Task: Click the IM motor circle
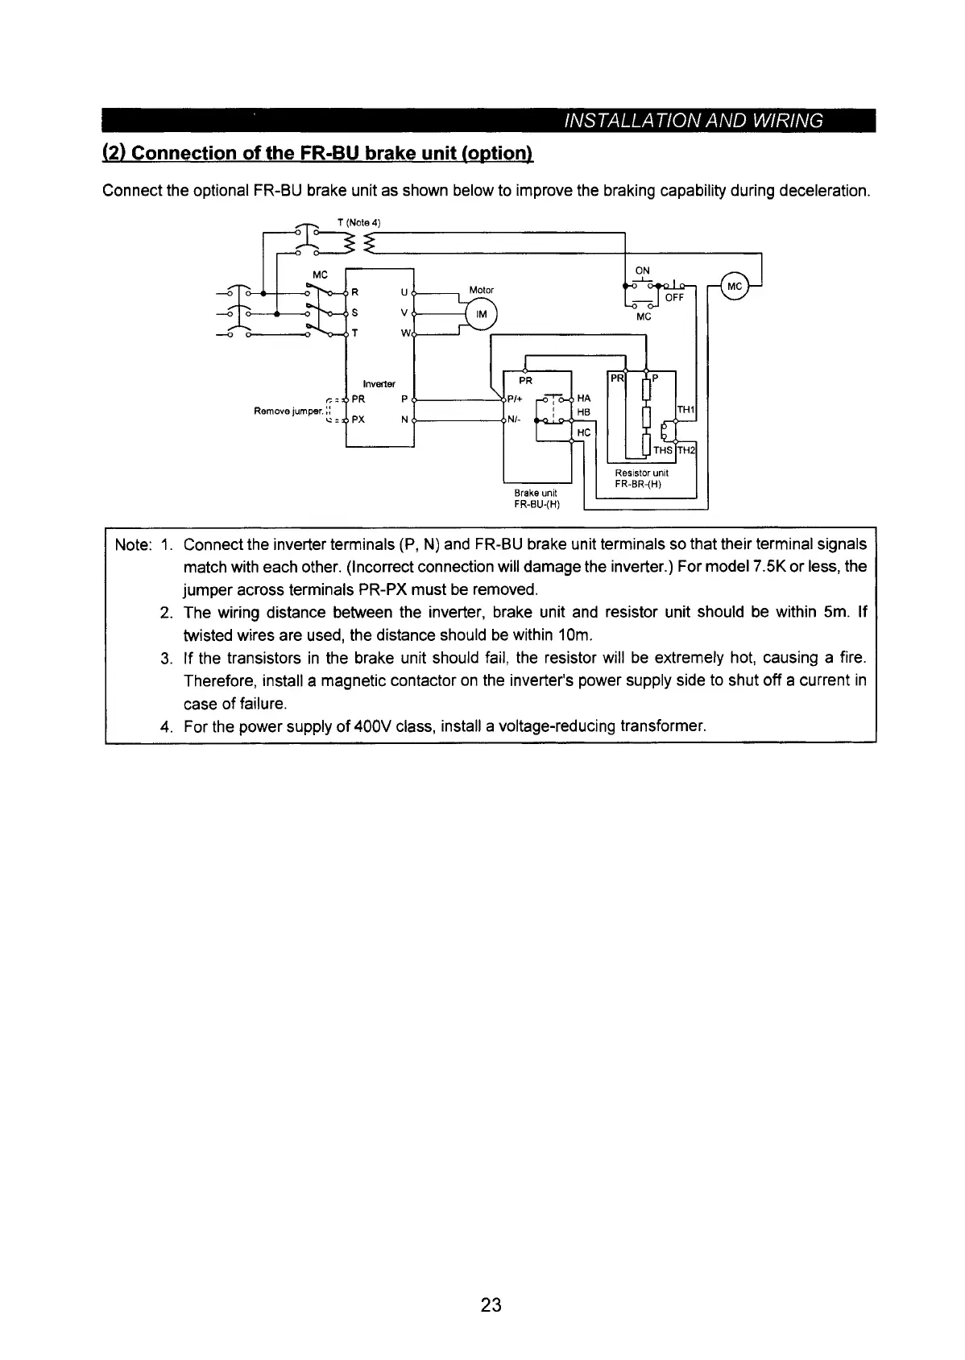coord(482,314)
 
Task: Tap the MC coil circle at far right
coord(735,285)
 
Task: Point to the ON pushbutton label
coord(643,271)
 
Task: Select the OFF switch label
coord(674,297)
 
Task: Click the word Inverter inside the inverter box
coord(379,383)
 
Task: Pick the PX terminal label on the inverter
coord(359,420)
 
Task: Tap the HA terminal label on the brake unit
coord(585,398)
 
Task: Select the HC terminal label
coord(584,432)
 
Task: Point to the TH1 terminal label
coord(685,410)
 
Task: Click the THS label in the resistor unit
coord(662,451)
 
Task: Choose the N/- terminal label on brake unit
coord(514,420)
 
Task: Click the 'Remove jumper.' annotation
coord(288,411)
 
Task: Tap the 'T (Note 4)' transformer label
coord(358,222)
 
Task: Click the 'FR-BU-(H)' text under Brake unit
coord(536,505)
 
